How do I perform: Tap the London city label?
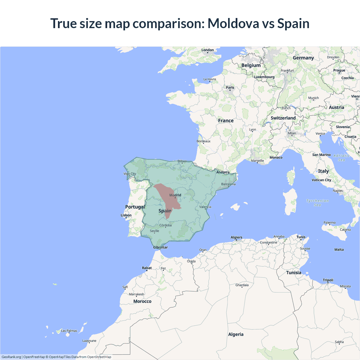tap(208, 50)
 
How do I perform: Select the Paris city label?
tap(230, 87)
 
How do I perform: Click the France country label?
tap(226, 121)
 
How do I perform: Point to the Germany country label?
tap(303, 58)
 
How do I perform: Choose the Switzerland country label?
tap(283, 118)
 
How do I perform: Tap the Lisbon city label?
tap(126, 215)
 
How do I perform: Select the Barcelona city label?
tap(228, 184)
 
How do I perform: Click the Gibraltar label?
tap(160, 247)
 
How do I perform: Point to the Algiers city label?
tap(236, 237)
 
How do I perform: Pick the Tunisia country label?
tap(294, 273)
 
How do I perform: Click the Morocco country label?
tap(142, 301)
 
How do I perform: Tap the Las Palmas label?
tap(69, 331)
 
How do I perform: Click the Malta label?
tap(339, 250)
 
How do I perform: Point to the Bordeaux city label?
tap(203, 141)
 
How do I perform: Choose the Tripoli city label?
tap(328, 280)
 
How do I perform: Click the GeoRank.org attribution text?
tap(11, 357)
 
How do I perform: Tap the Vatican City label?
tap(321, 180)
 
